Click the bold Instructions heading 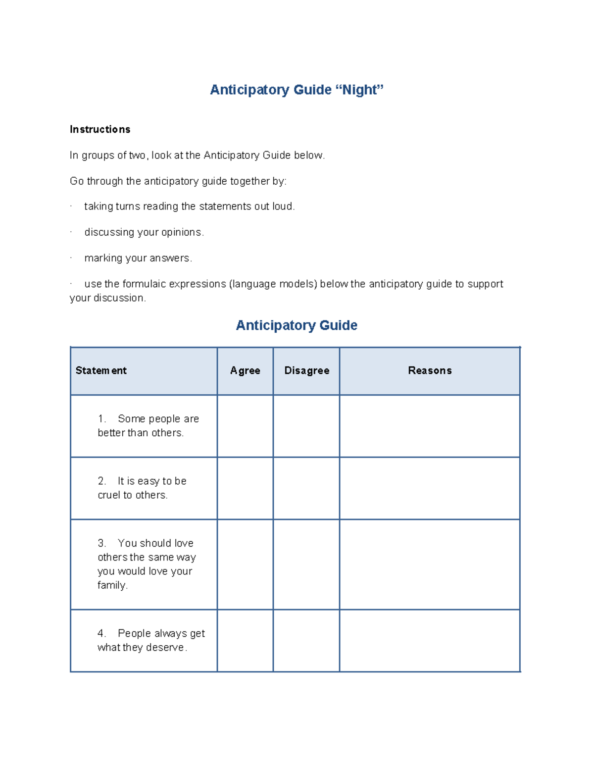coord(100,129)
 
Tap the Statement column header coord(101,370)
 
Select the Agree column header coord(245,370)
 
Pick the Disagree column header coord(306,370)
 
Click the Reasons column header coord(430,370)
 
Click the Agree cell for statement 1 coord(245,426)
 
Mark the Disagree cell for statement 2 coord(306,488)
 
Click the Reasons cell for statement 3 coord(430,564)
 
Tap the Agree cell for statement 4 coord(245,640)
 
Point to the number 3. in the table coord(101,543)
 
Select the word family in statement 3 coord(112,585)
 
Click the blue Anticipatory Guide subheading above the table coord(296,325)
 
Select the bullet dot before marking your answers coord(71,257)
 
